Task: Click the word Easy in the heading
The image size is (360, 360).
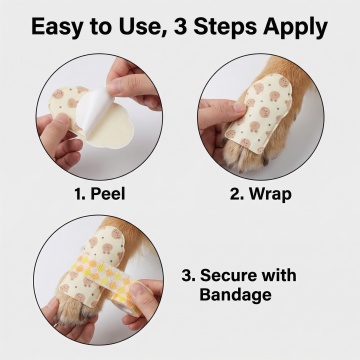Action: [56, 28]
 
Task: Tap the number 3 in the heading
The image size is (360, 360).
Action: [182, 27]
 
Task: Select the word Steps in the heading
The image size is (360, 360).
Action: [225, 28]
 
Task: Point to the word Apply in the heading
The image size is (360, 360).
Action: [295, 28]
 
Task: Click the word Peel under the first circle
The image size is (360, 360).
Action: [108, 194]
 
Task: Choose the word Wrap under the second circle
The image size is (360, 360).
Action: [270, 194]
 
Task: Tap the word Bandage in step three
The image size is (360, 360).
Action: [235, 295]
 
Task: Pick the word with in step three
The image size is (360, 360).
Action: [279, 275]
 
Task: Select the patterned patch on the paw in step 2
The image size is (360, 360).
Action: [260, 113]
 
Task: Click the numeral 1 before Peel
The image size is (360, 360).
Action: [79, 194]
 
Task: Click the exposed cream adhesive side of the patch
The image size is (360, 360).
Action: [110, 128]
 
